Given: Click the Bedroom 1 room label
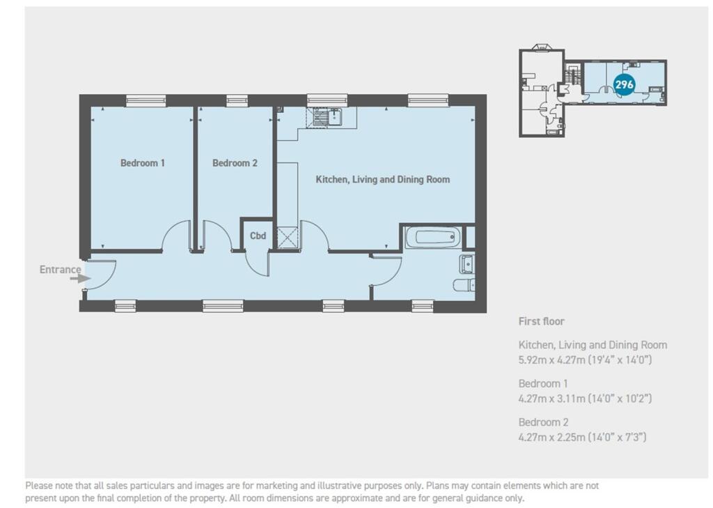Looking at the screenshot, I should pyautogui.click(x=143, y=163).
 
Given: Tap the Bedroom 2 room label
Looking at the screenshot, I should pyautogui.click(x=235, y=163).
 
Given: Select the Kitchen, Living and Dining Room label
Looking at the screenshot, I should pyautogui.click(x=383, y=180).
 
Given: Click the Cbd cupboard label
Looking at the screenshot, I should pyautogui.click(x=258, y=236).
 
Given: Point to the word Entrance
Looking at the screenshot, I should pyautogui.click(x=60, y=270).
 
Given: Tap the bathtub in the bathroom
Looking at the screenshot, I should pyautogui.click(x=432, y=238).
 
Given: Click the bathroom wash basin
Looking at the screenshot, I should pyautogui.click(x=466, y=264).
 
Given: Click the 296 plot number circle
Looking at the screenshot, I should pyautogui.click(x=625, y=84).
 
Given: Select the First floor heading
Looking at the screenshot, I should pyautogui.click(x=541, y=321).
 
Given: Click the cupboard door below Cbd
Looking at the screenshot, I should pyautogui.click(x=258, y=265).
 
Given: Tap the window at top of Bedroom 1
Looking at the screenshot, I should pyautogui.click(x=146, y=101).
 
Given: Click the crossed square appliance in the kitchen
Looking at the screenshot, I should pyautogui.click(x=287, y=238).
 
